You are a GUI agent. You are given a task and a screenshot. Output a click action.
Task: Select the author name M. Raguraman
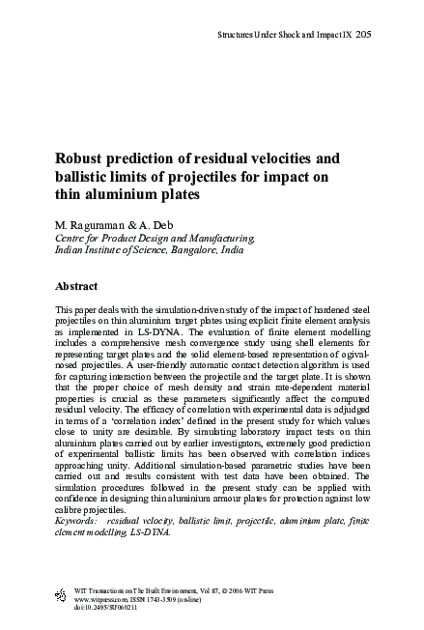click(93, 223)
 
